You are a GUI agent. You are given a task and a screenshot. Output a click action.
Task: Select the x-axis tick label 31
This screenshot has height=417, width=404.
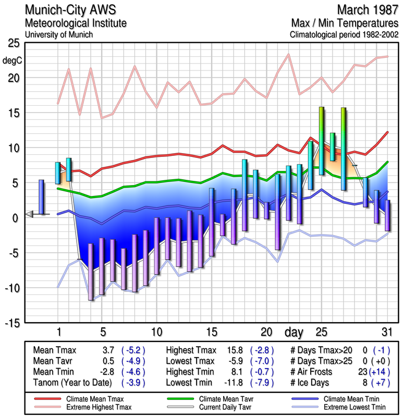click(386, 332)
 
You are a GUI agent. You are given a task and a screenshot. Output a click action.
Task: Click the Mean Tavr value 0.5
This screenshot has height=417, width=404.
click(107, 361)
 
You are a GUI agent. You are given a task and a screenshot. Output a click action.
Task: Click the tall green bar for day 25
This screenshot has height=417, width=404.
click(322, 141)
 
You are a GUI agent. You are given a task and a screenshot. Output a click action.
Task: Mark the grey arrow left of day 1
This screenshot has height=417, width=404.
click(30, 214)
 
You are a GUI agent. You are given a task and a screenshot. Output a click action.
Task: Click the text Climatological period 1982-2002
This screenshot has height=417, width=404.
click(343, 35)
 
